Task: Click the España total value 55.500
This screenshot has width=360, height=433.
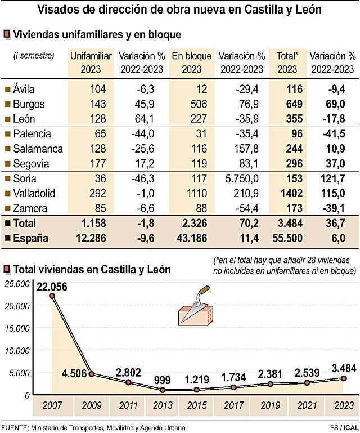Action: [287, 238]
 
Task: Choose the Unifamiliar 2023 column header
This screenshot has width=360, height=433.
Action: [91, 62]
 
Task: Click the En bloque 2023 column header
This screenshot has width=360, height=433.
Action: [192, 62]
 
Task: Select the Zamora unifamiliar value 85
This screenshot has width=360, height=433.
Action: [102, 208]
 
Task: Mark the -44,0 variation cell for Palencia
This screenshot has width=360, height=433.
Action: [142, 134]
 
